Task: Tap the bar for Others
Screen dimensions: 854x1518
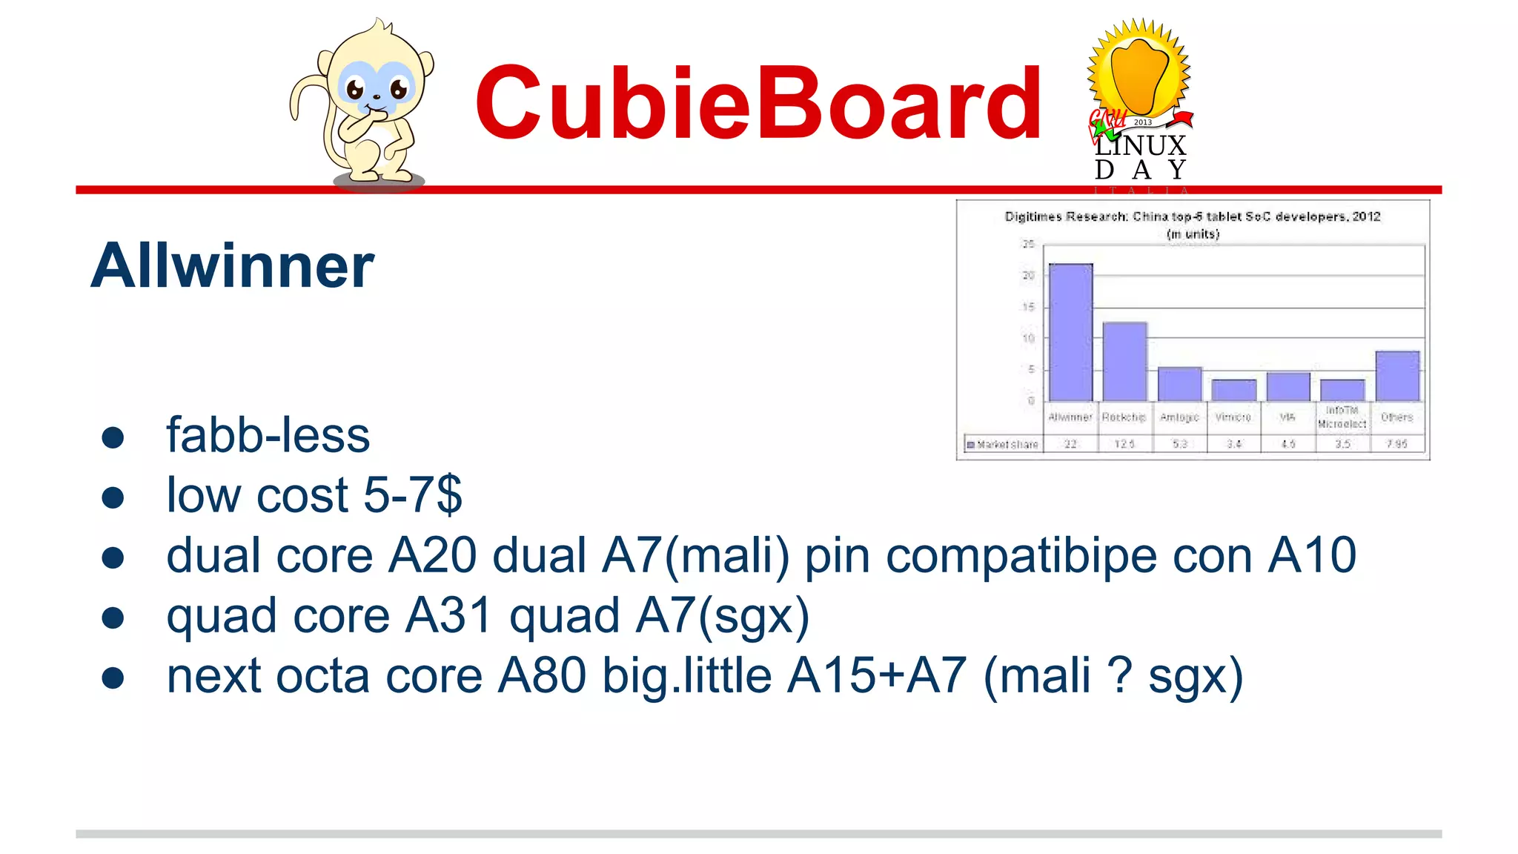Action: point(1397,376)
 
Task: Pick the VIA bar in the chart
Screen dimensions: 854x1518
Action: point(1288,386)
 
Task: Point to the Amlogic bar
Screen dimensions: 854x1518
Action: point(1179,384)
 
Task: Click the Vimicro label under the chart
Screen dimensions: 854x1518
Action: point(1233,417)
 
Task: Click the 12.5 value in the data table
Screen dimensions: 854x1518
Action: point(1124,444)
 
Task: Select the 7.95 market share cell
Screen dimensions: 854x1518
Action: point(1397,444)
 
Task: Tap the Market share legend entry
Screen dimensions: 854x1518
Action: point(1003,445)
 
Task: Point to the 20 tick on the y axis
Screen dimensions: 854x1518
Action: point(1028,276)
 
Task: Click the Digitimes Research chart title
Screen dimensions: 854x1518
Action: point(1192,216)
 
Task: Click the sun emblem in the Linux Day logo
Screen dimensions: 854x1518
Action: point(1138,70)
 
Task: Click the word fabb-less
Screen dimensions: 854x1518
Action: point(268,435)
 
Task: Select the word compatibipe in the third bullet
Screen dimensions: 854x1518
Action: point(1021,555)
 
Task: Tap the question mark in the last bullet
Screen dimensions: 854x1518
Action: point(1118,675)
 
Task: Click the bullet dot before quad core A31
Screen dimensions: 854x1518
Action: point(113,617)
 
